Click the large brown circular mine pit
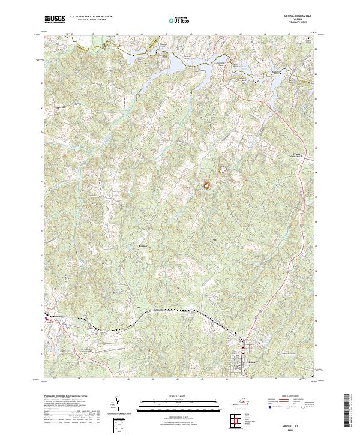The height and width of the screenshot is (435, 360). pyautogui.click(x=208, y=185)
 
